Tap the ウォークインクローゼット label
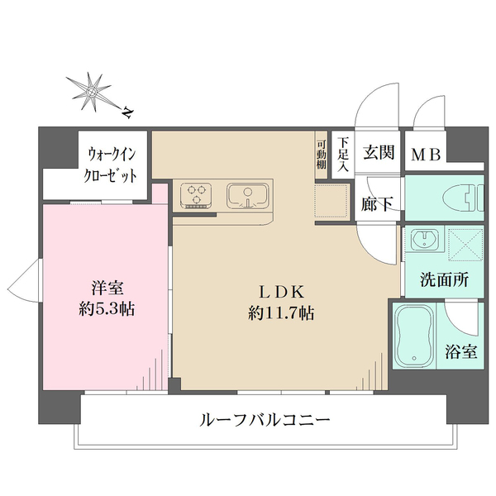[111, 165]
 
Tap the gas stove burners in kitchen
[197, 195]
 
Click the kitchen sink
[246, 196]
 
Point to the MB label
[426, 154]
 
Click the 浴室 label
[462, 351]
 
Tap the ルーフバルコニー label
[265, 420]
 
